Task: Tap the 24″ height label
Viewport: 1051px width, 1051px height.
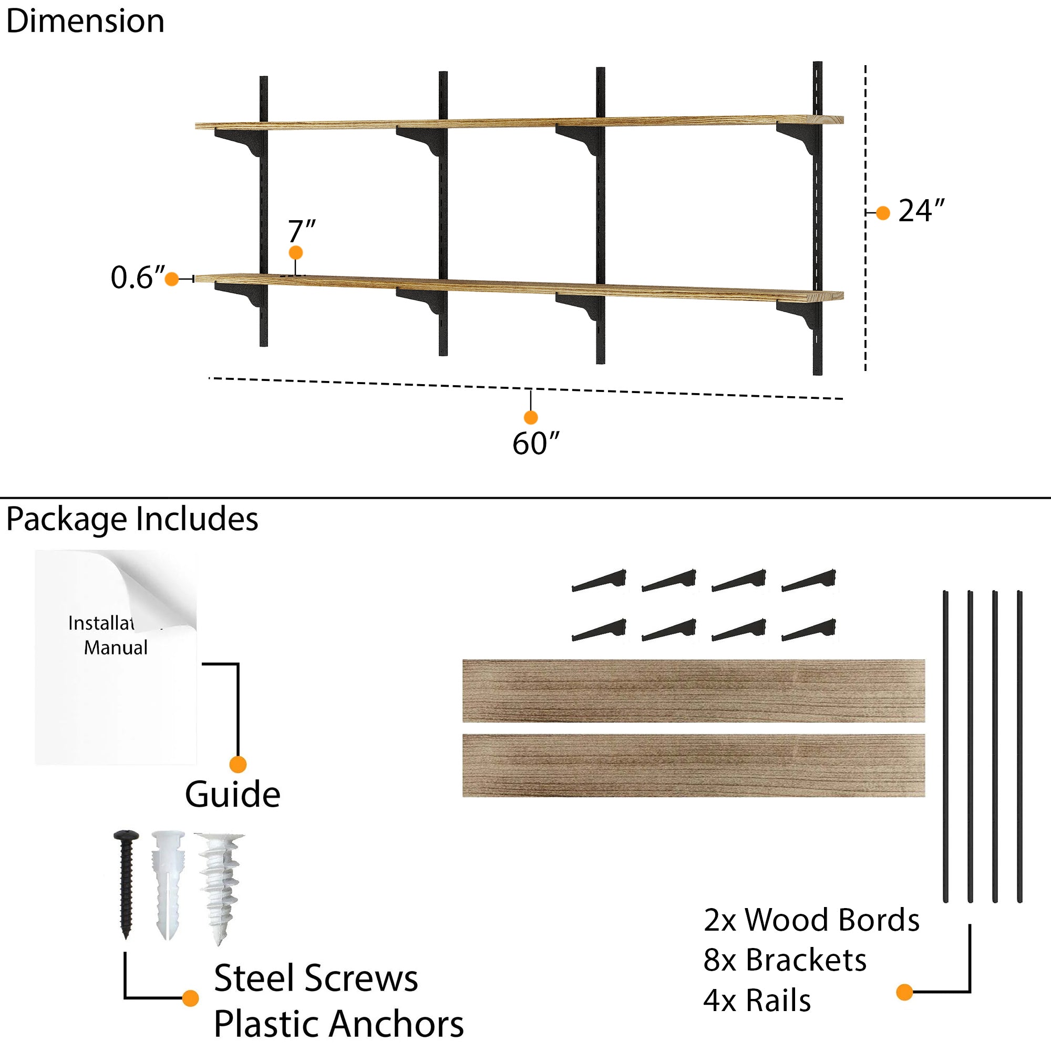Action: pos(921,211)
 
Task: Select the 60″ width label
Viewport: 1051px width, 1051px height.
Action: pos(535,444)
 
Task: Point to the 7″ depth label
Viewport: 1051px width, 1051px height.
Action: pos(301,232)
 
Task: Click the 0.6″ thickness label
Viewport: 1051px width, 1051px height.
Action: pos(137,277)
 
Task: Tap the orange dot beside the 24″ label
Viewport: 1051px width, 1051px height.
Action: pos(883,213)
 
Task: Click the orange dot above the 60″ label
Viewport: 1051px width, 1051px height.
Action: pos(530,417)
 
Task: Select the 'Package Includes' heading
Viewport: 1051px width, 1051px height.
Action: pos(132,519)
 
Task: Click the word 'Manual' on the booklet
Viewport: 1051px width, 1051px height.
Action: pos(115,647)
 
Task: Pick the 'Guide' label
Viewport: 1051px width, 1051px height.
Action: pos(232,795)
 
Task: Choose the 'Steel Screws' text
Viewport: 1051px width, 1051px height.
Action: pos(315,978)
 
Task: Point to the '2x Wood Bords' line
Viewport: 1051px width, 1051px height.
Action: pos(810,920)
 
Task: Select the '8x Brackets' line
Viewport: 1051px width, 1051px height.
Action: pos(785,960)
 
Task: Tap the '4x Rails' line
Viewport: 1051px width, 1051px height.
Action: pos(757,1001)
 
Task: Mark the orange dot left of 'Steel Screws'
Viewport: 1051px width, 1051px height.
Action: pos(190,998)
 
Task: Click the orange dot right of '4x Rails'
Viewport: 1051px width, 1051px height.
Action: pos(904,992)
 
